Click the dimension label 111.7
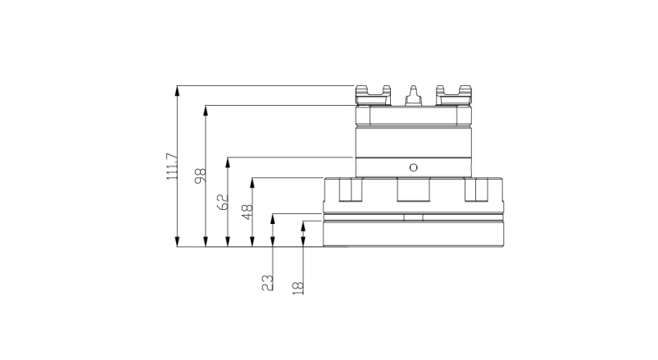pyautogui.click(x=172, y=166)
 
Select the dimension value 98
pyautogui.click(x=201, y=175)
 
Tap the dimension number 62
pyautogui.click(x=224, y=201)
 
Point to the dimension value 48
pyautogui.click(x=247, y=212)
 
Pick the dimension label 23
pyautogui.click(x=267, y=283)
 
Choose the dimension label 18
pyautogui.click(x=297, y=288)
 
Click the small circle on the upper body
pyautogui.click(x=413, y=167)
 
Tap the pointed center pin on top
pyautogui.click(x=413, y=95)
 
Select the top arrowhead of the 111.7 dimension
pyautogui.click(x=178, y=91)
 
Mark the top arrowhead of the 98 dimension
pyautogui.click(x=206, y=110)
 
